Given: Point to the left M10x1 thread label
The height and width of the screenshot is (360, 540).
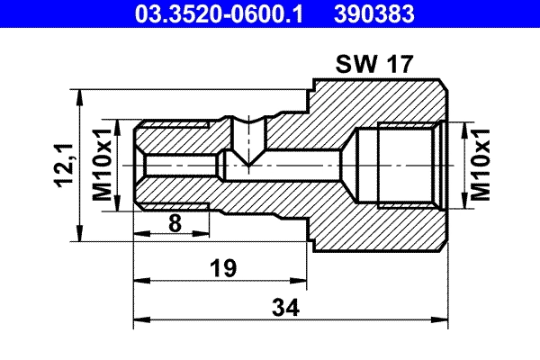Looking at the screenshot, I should point(101,165).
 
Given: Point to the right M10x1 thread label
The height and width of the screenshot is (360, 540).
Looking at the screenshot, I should point(481,165).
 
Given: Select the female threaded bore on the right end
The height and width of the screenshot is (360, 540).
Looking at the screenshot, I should point(396,165).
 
